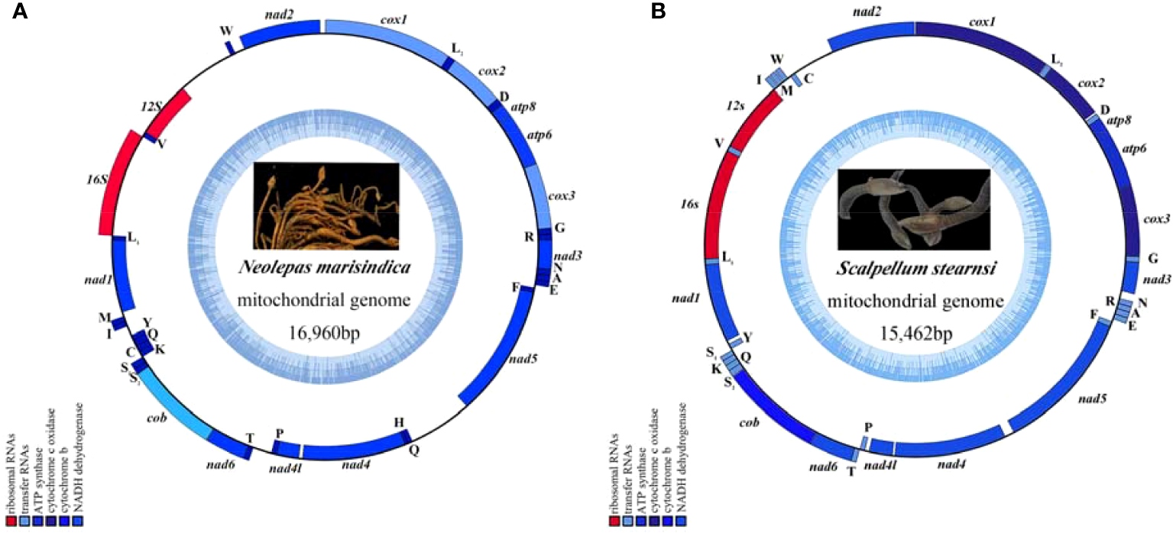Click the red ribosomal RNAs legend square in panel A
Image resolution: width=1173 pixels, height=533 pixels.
click(10, 521)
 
